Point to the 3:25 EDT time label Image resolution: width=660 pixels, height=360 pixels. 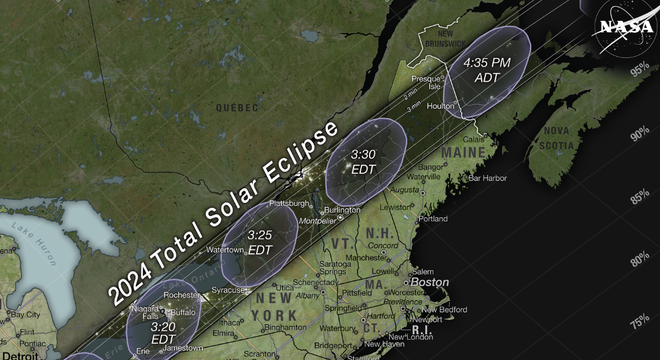[260, 241]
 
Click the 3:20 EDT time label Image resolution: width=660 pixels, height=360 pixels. [164, 332]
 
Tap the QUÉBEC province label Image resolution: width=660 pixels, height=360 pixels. [237, 107]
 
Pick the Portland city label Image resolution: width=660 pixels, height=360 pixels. [433, 218]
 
